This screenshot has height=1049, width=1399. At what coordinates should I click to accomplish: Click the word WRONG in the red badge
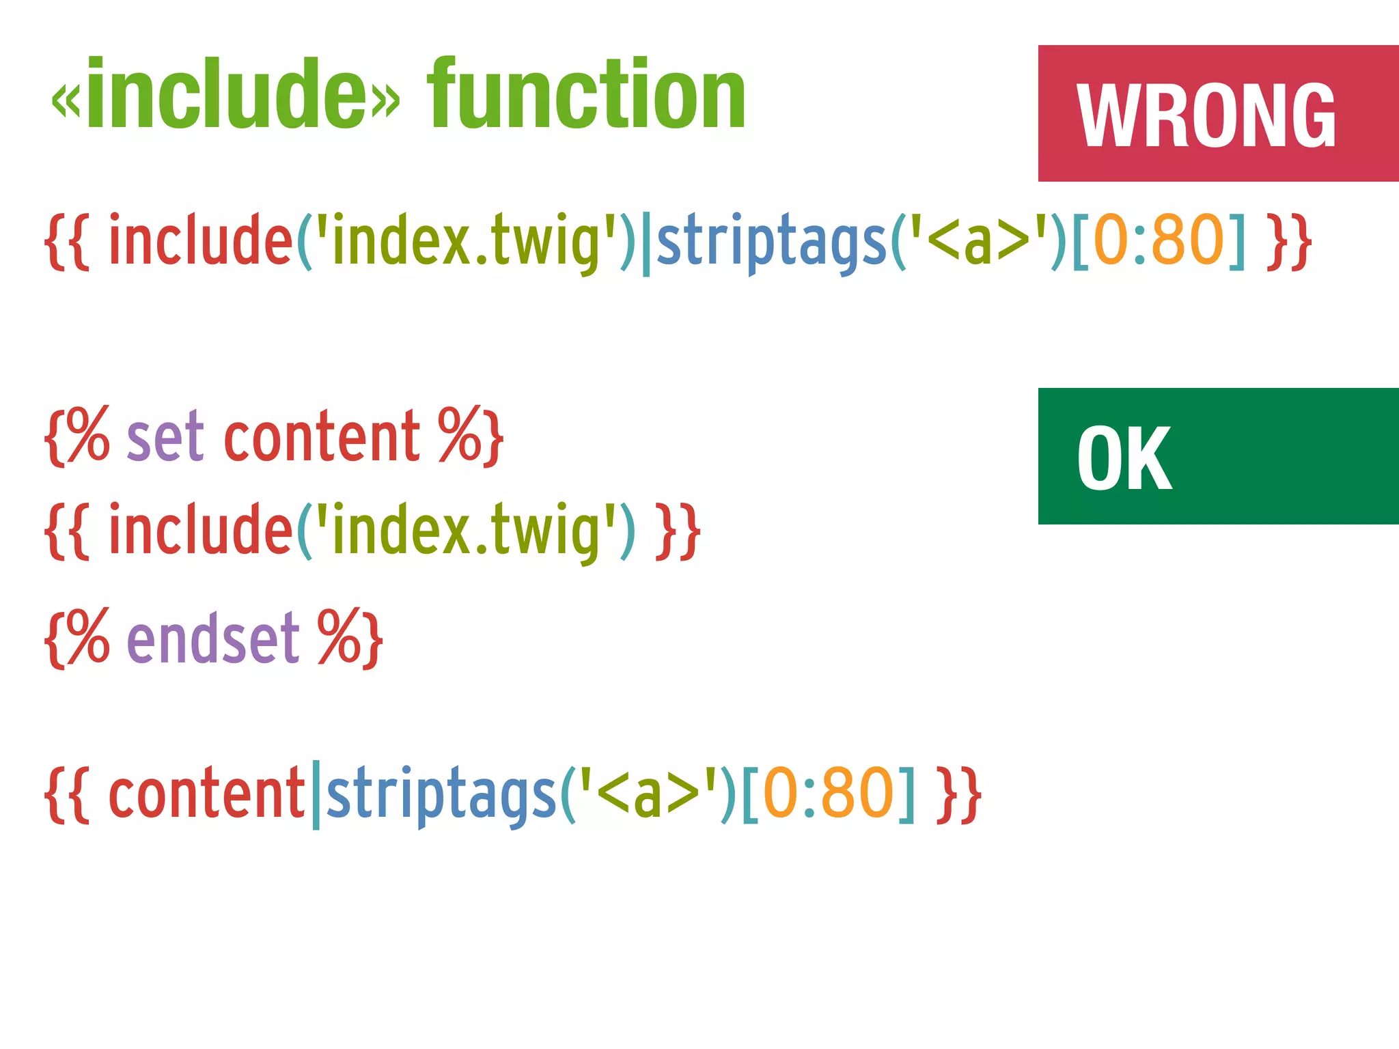click(x=1206, y=115)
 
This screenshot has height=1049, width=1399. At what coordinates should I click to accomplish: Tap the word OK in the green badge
click(x=1124, y=458)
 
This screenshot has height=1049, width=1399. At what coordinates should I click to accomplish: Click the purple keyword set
click(x=165, y=437)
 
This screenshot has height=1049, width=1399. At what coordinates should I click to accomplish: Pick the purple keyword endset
click(x=213, y=639)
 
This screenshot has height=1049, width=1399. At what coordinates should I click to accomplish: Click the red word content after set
click(x=321, y=437)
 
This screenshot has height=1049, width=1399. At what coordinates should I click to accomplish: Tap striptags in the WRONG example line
click(x=771, y=240)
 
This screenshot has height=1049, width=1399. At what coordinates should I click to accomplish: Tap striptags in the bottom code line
click(x=441, y=794)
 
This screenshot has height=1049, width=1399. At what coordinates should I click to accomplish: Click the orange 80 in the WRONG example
click(x=1188, y=240)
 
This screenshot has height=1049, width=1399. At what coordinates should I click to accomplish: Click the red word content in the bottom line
click(x=206, y=794)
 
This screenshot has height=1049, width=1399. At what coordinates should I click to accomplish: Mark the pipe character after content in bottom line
click(x=316, y=796)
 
